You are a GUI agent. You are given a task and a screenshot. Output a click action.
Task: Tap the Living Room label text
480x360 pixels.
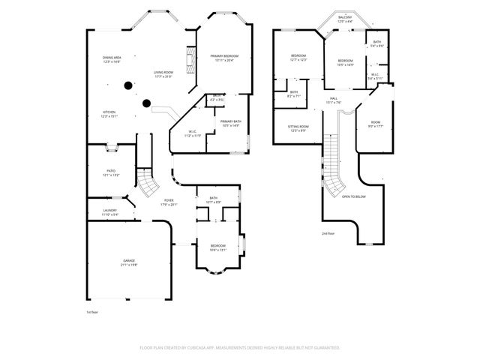click(163, 73)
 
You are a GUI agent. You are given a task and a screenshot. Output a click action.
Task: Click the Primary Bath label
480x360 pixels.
click(230, 123)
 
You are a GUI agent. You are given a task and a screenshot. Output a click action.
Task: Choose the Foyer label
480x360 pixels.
click(169, 202)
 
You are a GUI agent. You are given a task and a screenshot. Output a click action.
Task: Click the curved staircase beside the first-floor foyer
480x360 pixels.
click(147, 181)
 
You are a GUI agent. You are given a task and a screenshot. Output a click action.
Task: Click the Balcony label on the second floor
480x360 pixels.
click(344, 19)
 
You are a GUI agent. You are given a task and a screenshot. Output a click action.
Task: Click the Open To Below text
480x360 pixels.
click(353, 196)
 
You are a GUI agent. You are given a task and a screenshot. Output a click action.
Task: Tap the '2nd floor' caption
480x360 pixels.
click(328, 233)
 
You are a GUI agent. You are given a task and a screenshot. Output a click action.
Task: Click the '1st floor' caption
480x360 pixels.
click(91, 311)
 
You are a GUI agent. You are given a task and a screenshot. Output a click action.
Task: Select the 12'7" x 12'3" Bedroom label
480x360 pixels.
click(298, 58)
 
